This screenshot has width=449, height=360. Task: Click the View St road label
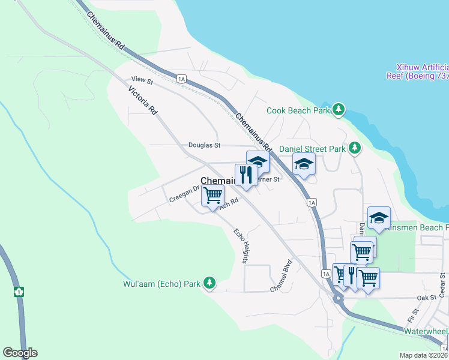[x=142, y=80]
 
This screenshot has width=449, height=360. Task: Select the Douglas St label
[x=205, y=145]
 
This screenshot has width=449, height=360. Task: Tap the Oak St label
[x=426, y=298]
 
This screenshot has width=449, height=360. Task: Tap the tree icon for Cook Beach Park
[x=340, y=109]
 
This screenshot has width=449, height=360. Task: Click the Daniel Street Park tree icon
[x=355, y=147]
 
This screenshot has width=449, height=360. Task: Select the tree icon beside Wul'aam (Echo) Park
[x=209, y=283]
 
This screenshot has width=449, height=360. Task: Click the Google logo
[x=20, y=352]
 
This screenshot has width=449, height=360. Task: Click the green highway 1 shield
[x=19, y=292]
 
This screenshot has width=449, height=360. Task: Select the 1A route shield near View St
[x=182, y=78]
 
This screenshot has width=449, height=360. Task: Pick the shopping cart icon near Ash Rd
[x=212, y=196]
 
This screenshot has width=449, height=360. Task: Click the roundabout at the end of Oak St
[x=338, y=298]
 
